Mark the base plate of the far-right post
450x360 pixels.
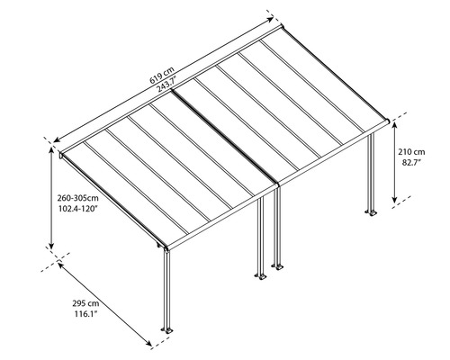(x=370, y=213)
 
